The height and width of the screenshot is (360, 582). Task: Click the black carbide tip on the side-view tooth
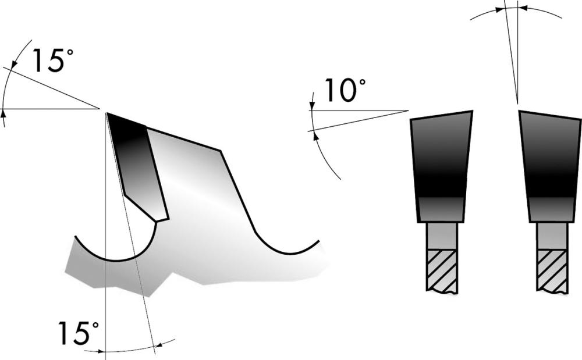[137, 163]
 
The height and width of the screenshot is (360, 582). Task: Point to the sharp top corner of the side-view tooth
[107, 113]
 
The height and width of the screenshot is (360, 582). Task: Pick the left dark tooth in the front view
[441, 163]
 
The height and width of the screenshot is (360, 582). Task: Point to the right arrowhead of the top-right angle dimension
[522, 8]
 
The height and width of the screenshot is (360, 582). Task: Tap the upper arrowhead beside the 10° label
[312, 106]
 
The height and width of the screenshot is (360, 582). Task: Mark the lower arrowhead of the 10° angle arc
[315, 134]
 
